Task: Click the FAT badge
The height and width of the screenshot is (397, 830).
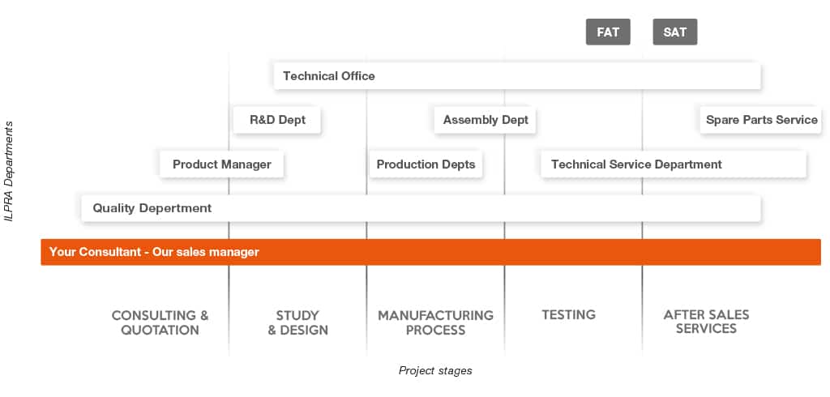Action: pyautogui.click(x=608, y=32)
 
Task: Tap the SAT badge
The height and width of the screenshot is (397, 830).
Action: pyautogui.click(x=675, y=32)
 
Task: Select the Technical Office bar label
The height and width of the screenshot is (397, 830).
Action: pyautogui.click(x=329, y=75)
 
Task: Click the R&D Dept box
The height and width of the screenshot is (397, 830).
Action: pyautogui.click(x=277, y=120)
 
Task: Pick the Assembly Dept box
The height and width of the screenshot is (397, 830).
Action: pyautogui.click(x=486, y=120)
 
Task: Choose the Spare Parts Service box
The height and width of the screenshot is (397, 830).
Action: pyautogui.click(x=761, y=120)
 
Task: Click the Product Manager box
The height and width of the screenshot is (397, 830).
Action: pyautogui.click(x=222, y=164)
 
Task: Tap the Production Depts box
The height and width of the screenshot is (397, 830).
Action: pyautogui.click(x=426, y=164)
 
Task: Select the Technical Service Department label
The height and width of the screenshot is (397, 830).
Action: pyautogui.click(x=636, y=164)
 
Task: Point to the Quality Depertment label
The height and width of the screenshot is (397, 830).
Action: pyautogui.click(x=152, y=208)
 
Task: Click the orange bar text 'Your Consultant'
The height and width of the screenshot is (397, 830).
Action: pyautogui.click(x=95, y=252)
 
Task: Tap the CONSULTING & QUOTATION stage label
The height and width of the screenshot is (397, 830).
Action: pyautogui.click(x=160, y=323)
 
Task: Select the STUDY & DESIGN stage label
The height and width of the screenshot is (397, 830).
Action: pyautogui.click(x=297, y=323)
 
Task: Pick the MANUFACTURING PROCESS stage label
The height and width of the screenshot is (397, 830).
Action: pyautogui.click(x=435, y=323)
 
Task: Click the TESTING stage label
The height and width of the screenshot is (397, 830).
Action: pyautogui.click(x=568, y=315)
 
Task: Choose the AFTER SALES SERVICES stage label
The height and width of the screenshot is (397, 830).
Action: pyautogui.click(x=706, y=322)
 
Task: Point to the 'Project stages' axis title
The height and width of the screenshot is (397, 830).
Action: pyautogui.click(x=435, y=370)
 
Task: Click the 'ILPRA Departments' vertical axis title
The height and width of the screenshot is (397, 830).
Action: pyautogui.click(x=9, y=172)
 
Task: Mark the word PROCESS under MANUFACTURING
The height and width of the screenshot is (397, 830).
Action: pyautogui.click(x=435, y=331)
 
